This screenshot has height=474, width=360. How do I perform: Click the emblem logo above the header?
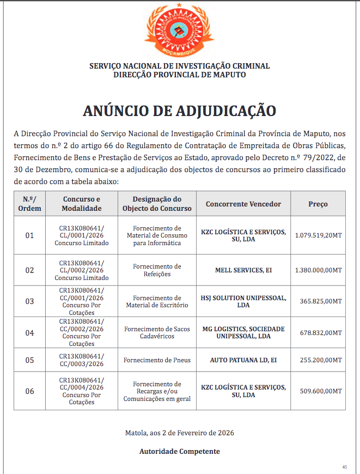pos(179,31)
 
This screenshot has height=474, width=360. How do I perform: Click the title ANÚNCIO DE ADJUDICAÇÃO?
pos(180,110)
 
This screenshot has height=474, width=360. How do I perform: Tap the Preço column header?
pos(318,204)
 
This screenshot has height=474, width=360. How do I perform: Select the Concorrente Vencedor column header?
pos(243,204)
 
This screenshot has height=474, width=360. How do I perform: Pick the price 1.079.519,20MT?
pos(318,235)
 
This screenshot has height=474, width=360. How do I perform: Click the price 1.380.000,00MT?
pos(318,270)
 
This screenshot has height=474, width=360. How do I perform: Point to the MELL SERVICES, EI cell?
pos(243,270)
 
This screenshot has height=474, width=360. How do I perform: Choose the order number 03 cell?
pos(29,301)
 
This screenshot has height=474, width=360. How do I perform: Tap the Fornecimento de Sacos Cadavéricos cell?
pos(157,332)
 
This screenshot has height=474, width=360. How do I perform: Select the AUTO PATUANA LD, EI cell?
pos(243,360)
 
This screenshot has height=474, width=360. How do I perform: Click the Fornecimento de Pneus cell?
pos(157,360)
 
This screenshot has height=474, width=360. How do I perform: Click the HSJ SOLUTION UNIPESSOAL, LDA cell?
pos(243,301)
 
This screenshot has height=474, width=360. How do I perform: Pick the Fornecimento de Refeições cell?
pos(157,270)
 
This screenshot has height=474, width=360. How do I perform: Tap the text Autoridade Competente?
pos(180,451)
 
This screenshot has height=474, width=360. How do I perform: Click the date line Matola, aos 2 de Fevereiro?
pos(180,433)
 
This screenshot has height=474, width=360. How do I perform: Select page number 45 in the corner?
pos(344,467)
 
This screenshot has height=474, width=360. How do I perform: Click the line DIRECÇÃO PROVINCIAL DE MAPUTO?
pos(180,75)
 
